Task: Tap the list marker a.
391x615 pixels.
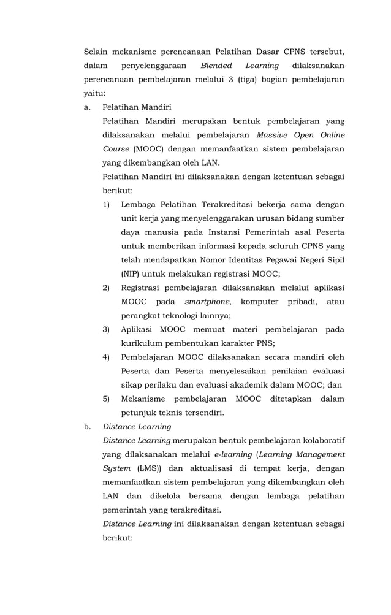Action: [x=86, y=107]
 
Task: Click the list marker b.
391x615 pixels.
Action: [x=86, y=426]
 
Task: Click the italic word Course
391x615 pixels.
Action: [x=116, y=149]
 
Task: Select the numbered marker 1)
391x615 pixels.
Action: [x=106, y=204]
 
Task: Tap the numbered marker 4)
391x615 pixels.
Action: [x=106, y=357]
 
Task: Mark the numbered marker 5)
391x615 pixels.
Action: [x=106, y=399]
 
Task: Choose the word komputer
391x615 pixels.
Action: [x=259, y=302]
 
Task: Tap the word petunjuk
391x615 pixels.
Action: [x=139, y=413]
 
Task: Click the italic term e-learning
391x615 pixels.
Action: [x=232, y=454]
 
